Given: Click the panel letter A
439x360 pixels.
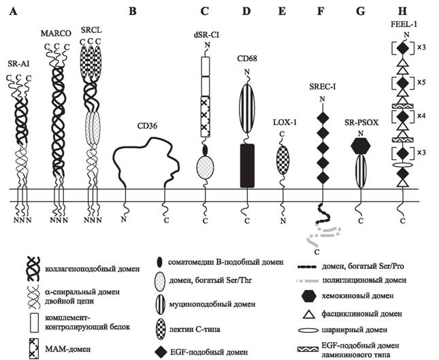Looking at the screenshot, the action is [x=13, y=12].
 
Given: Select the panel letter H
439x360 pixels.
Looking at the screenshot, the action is [x=402, y=12].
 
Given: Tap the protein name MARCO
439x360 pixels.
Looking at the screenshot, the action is [x=56, y=33].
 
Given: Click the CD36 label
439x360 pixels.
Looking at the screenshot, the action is [x=147, y=126].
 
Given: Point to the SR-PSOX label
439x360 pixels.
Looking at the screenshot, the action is [x=361, y=122].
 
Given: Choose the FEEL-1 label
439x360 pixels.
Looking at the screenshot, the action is [x=403, y=24].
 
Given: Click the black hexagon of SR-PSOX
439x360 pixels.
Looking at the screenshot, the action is [x=361, y=146].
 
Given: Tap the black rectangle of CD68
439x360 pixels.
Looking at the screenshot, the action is [x=248, y=166].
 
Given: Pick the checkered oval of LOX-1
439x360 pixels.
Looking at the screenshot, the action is [x=282, y=160].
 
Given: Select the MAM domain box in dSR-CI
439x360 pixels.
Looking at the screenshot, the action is [x=206, y=116].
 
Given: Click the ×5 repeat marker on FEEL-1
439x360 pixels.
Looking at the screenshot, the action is [x=421, y=82].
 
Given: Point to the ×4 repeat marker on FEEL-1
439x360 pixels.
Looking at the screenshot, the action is [x=421, y=116].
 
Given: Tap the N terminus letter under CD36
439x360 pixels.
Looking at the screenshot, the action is [x=123, y=219].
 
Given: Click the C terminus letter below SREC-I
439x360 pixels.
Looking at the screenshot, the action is [x=316, y=252].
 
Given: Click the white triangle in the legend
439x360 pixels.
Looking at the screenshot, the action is [x=308, y=314].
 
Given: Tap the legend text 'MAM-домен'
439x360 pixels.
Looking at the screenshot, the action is [x=68, y=350].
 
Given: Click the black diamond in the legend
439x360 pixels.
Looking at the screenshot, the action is [x=160, y=352].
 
